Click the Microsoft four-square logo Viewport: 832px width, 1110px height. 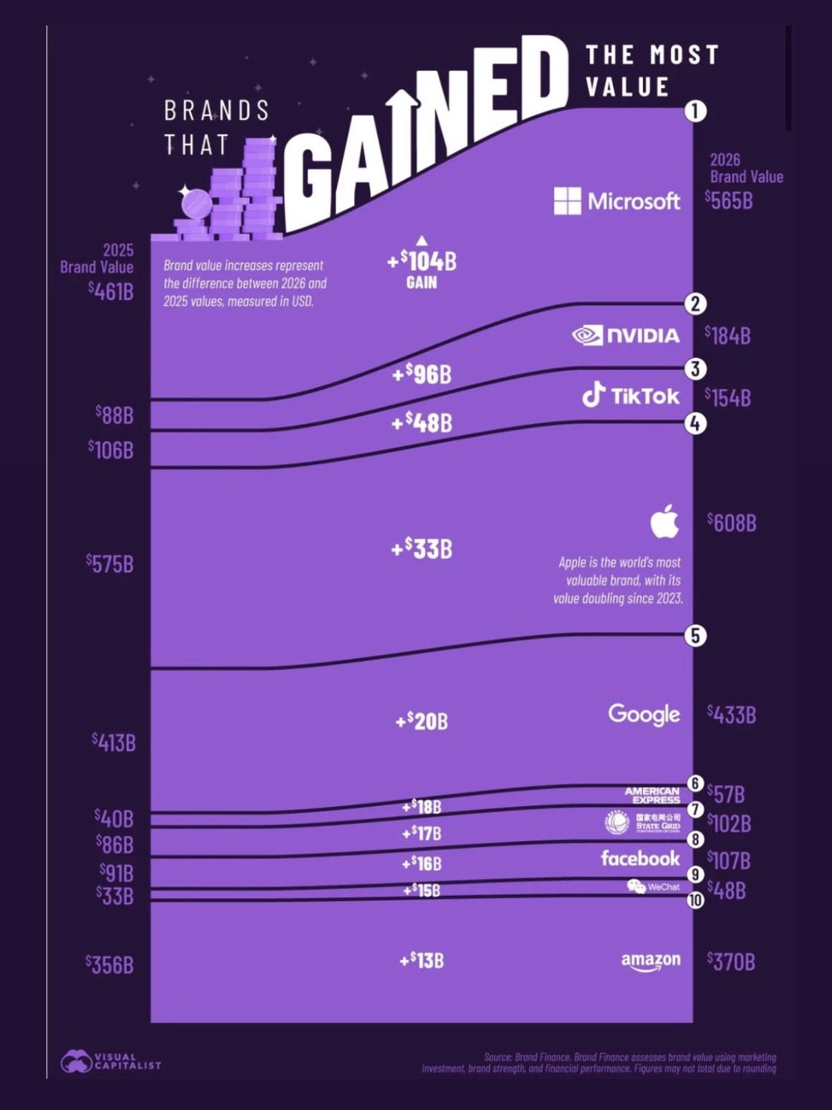point(567,201)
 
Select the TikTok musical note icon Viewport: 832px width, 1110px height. point(593,395)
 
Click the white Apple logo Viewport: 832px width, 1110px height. point(664,521)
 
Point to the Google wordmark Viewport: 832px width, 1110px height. point(644,714)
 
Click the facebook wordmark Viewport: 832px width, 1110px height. point(640,859)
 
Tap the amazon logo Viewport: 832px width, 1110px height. point(651,962)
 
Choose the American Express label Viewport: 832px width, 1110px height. point(652,795)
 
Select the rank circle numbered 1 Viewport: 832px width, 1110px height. point(695,111)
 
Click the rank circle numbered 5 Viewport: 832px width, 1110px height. point(695,635)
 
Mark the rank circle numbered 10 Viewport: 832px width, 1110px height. point(695,900)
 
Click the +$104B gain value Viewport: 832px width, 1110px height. point(422,262)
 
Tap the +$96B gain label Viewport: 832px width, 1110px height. point(422,374)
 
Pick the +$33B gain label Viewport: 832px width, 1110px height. point(422,549)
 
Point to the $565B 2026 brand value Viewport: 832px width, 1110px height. point(729,201)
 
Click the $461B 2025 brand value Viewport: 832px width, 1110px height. point(110,291)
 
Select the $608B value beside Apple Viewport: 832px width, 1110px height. point(731,523)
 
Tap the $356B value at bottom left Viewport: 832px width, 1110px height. point(109,964)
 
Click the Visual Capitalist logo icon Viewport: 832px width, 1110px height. point(76,1062)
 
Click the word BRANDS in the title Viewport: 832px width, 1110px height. point(217,110)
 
